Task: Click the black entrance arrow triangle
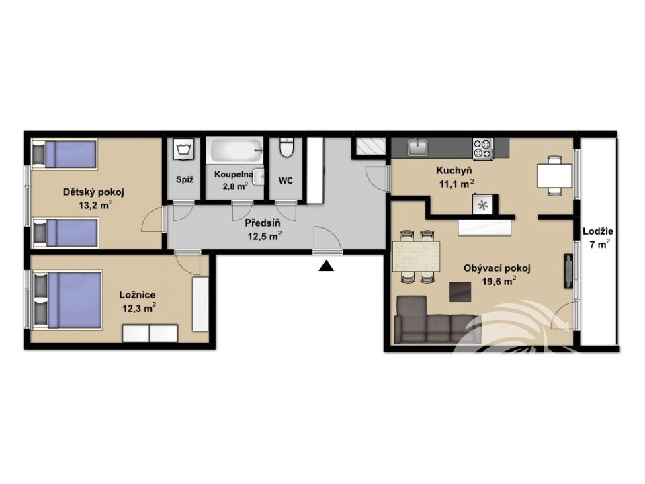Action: [327, 267]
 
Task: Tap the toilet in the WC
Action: [286, 147]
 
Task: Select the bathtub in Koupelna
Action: [235, 151]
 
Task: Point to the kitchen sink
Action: [418, 147]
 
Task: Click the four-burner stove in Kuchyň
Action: [483, 149]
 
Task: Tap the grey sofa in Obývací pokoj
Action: [437, 321]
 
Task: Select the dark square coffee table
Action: [460, 291]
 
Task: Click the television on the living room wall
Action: [568, 271]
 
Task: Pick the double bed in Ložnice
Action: [67, 300]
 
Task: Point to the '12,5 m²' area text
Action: [264, 236]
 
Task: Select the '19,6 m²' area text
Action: [499, 282]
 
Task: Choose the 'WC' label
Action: [286, 181]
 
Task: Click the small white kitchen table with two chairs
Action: [554, 175]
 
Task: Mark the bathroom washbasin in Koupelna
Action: [258, 177]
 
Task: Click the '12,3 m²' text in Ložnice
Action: [139, 308]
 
